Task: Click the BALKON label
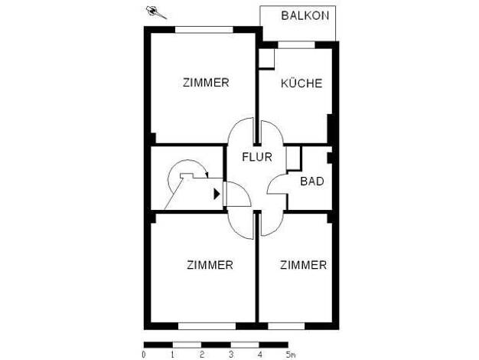point(305,15)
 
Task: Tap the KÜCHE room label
point(301,83)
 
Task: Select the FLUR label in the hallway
point(257,157)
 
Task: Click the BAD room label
point(312,181)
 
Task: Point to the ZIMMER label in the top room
point(206,83)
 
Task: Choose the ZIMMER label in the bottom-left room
point(210,265)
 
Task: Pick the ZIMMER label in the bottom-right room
point(303,265)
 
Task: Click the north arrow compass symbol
point(156,12)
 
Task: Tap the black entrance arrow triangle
point(217,194)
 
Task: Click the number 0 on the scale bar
point(144,355)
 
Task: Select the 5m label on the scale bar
point(291,355)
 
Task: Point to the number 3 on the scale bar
point(231,355)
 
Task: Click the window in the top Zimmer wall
point(204,30)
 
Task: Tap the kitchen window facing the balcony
point(296,44)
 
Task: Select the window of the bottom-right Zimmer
point(286,326)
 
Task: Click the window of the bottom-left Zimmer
point(207,326)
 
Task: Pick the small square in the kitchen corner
point(266,58)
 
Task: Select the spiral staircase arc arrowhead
point(207,175)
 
